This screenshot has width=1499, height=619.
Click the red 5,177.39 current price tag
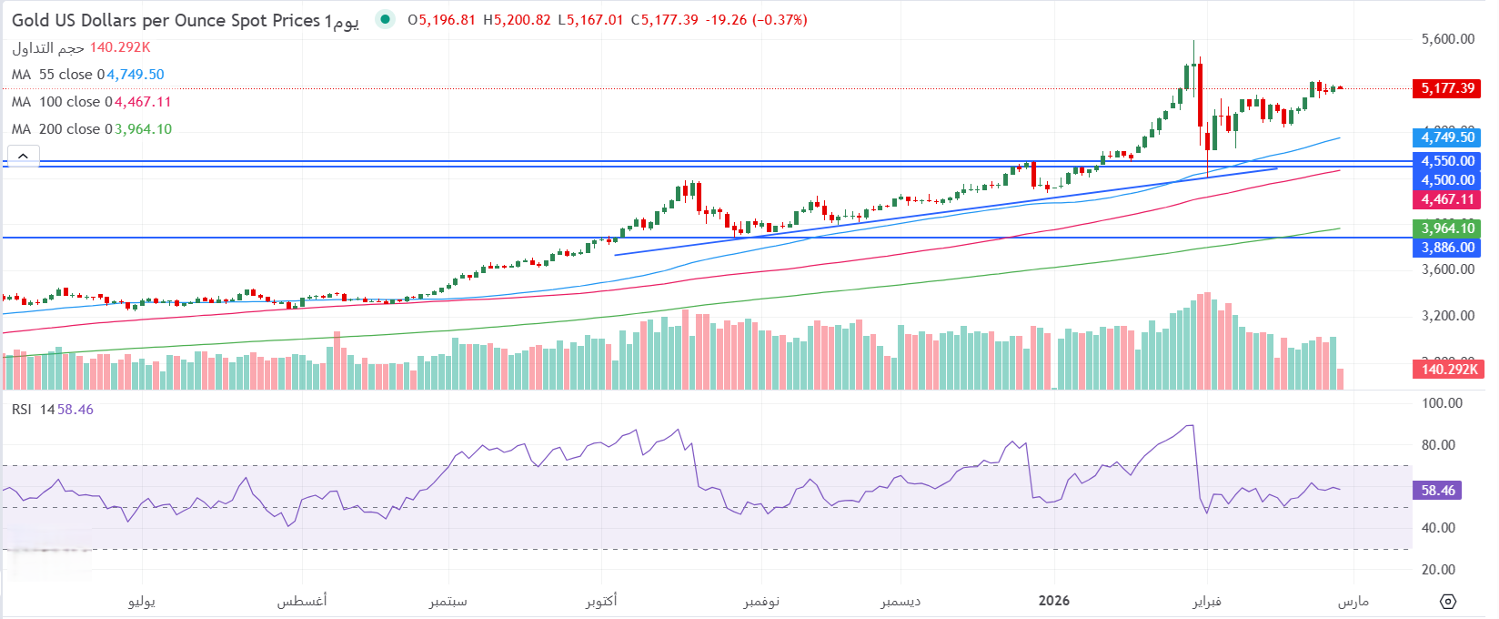1448,88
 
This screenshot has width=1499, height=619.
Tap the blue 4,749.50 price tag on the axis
1448,137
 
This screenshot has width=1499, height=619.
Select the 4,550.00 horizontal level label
1448,161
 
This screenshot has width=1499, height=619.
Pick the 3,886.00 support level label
1448,248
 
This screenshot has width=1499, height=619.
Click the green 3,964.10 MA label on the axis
1448,228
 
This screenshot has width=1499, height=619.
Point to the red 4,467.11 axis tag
1448,199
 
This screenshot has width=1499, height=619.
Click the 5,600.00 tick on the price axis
1448,39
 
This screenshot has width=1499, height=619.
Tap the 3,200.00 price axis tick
1448,316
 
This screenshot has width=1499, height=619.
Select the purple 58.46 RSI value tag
1438,491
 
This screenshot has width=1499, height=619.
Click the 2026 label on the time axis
1054,601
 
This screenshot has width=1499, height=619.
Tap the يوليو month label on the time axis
142,601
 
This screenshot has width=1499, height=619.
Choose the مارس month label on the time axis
1353,601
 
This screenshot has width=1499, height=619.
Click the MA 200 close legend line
91,129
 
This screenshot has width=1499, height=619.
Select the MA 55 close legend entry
87,75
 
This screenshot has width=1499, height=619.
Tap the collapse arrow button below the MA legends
23,156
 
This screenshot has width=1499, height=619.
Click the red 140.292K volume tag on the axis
1450,369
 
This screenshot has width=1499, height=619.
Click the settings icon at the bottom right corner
1448,602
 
